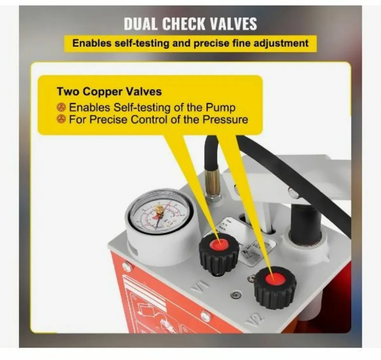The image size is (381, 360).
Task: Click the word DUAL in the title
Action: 140,24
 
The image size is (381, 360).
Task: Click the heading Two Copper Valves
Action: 109,91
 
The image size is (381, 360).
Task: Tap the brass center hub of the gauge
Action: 159,210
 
